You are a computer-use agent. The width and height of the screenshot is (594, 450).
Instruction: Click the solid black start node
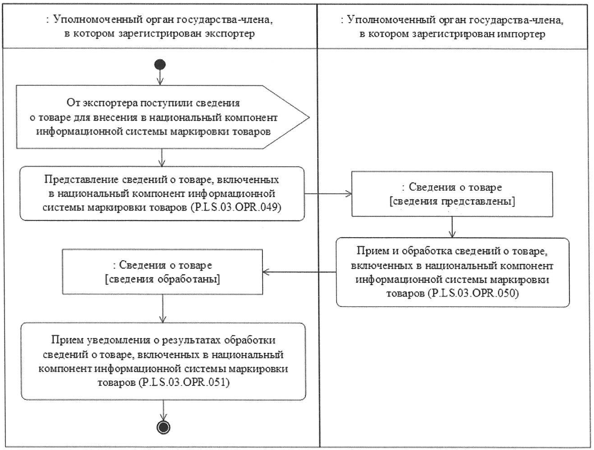[x=160, y=65]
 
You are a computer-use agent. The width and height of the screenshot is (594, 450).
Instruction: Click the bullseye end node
[x=162, y=427]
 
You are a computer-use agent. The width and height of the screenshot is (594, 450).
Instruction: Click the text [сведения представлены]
[x=452, y=202]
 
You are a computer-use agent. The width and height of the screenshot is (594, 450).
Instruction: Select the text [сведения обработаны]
[x=162, y=279]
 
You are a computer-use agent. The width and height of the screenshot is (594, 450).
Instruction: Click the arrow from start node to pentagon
[x=160, y=78]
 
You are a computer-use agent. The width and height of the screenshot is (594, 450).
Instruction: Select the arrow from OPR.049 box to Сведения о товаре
[x=328, y=194]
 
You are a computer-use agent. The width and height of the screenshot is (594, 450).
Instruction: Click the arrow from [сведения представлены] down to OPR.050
[x=452, y=227]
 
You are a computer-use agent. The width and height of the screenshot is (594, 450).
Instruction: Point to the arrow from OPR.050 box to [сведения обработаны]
[x=299, y=272]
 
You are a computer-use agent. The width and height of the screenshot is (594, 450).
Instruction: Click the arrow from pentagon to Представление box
[x=162, y=157]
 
